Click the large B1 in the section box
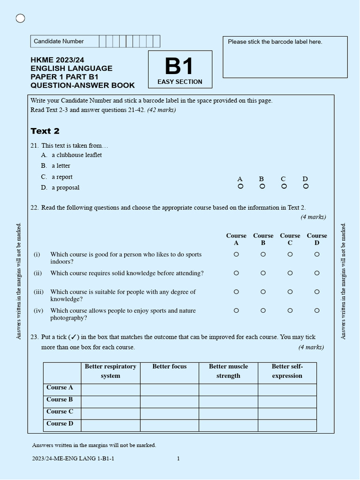(x=180, y=67)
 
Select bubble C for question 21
(x=284, y=186)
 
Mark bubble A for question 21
(x=240, y=186)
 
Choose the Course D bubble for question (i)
(x=317, y=254)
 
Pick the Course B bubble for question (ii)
(x=263, y=273)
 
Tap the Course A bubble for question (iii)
(x=236, y=292)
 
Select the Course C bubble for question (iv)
(x=290, y=310)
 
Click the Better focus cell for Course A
(x=169, y=390)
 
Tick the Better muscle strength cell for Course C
(x=228, y=413)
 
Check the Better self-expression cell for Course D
(x=287, y=425)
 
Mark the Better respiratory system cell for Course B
(x=110, y=402)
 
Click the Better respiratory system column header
(x=110, y=371)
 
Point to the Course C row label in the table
(x=60, y=412)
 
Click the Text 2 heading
(x=45, y=131)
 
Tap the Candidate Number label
(x=59, y=41)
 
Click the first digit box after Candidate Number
(x=103, y=41)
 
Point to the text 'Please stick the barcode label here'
(x=275, y=42)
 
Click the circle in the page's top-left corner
(x=20, y=18)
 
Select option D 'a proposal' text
(x=65, y=187)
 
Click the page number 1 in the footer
(x=178, y=458)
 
